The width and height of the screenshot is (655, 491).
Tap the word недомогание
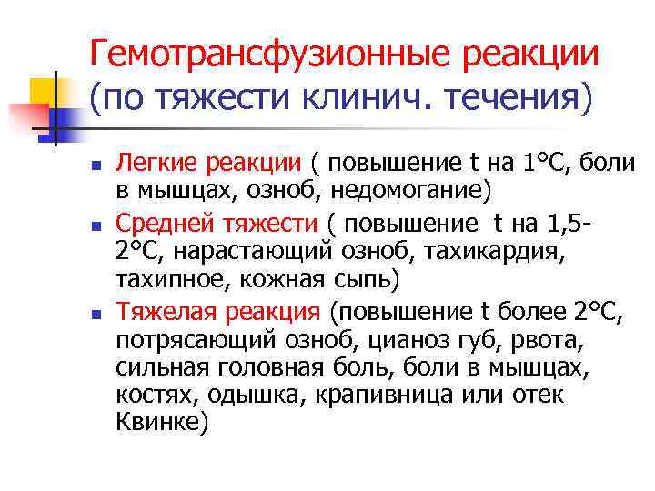click(414, 190)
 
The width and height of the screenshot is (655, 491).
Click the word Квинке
click(159, 423)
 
